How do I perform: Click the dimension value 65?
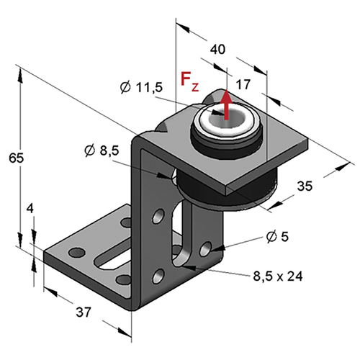tap(17, 158)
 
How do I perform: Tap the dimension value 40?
tap(217, 49)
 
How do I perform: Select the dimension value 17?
tap(243, 84)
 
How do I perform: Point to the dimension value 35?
tap(305, 186)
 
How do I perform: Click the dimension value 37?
tap(84, 312)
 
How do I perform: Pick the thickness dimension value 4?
tap(30, 209)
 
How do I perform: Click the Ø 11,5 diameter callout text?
tap(141, 87)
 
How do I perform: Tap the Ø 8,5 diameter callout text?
tap(102, 150)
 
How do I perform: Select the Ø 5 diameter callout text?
tap(277, 237)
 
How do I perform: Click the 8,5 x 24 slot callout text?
tap(278, 276)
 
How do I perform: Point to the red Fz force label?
tap(189, 80)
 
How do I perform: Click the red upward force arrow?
tap(226, 104)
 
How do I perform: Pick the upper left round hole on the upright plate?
tap(158, 216)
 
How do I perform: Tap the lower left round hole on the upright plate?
tap(158, 276)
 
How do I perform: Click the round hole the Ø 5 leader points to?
tap(206, 249)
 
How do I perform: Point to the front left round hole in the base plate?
tap(77, 253)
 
